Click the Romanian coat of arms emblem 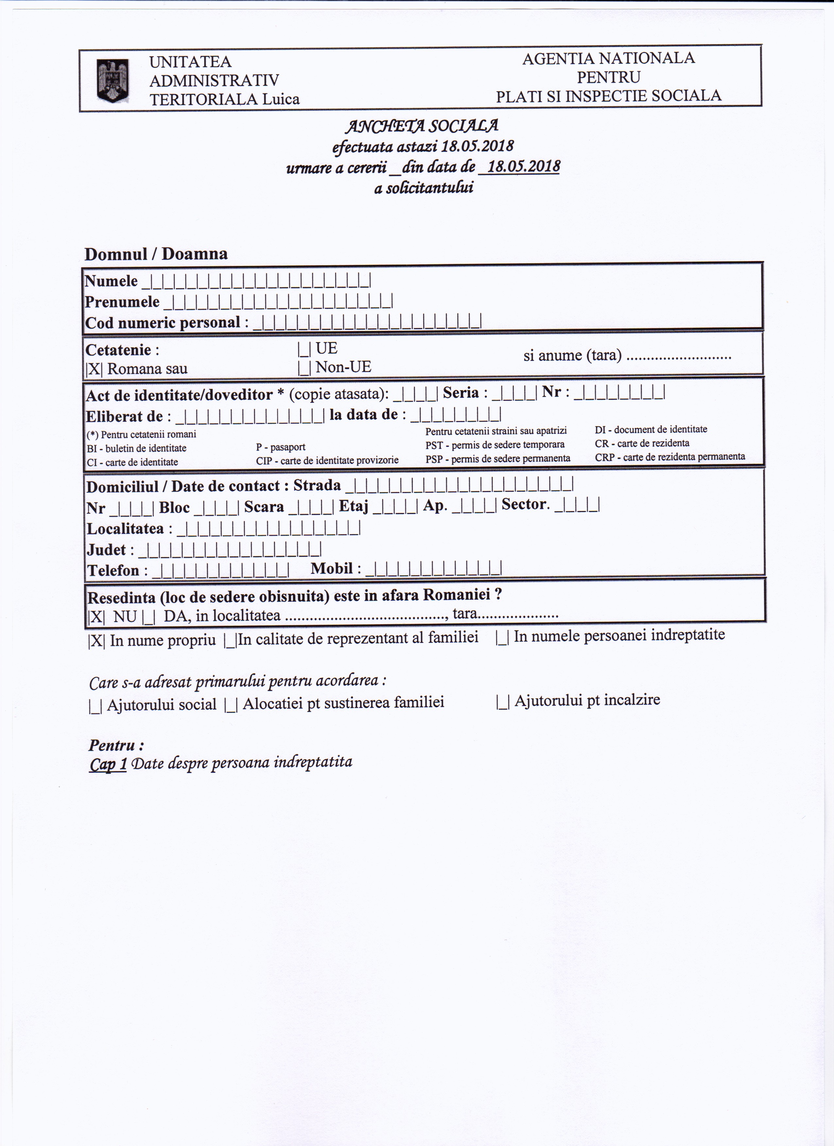pyautogui.click(x=113, y=80)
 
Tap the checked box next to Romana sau pyautogui.click(x=94, y=369)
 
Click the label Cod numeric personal pyautogui.click(x=163, y=322)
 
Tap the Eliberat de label pyautogui.click(x=124, y=416)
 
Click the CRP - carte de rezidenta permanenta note pyautogui.click(x=669, y=457)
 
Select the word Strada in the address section pyautogui.click(x=317, y=485)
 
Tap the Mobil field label pyautogui.click(x=331, y=569)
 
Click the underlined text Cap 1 pyautogui.click(x=108, y=764)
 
